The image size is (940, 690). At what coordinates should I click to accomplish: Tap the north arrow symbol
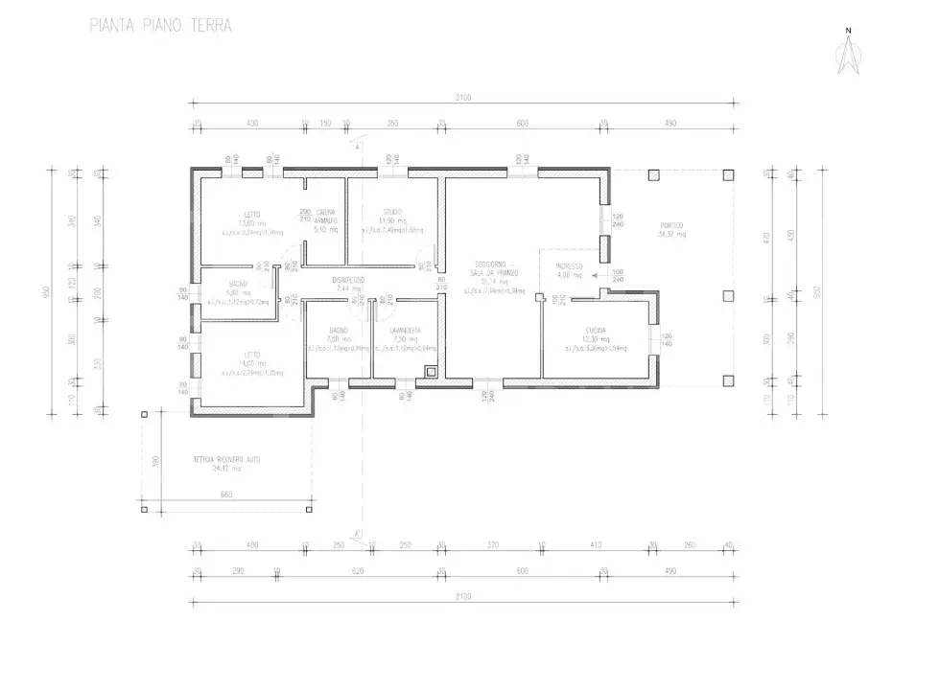(848, 56)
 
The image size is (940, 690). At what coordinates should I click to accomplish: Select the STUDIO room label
(392, 212)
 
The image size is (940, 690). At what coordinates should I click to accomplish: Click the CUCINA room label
(596, 331)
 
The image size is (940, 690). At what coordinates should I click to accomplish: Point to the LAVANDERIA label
(406, 331)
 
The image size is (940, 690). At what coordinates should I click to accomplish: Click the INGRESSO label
(570, 265)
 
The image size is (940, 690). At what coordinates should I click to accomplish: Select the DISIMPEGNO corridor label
(348, 280)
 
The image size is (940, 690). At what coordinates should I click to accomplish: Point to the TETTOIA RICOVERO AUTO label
(226, 460)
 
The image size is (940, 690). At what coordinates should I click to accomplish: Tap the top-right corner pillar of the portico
(728, 175)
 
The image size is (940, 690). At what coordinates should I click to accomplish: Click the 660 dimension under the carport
(226, 494)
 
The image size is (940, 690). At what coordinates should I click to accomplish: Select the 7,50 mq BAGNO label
(337, 335)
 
